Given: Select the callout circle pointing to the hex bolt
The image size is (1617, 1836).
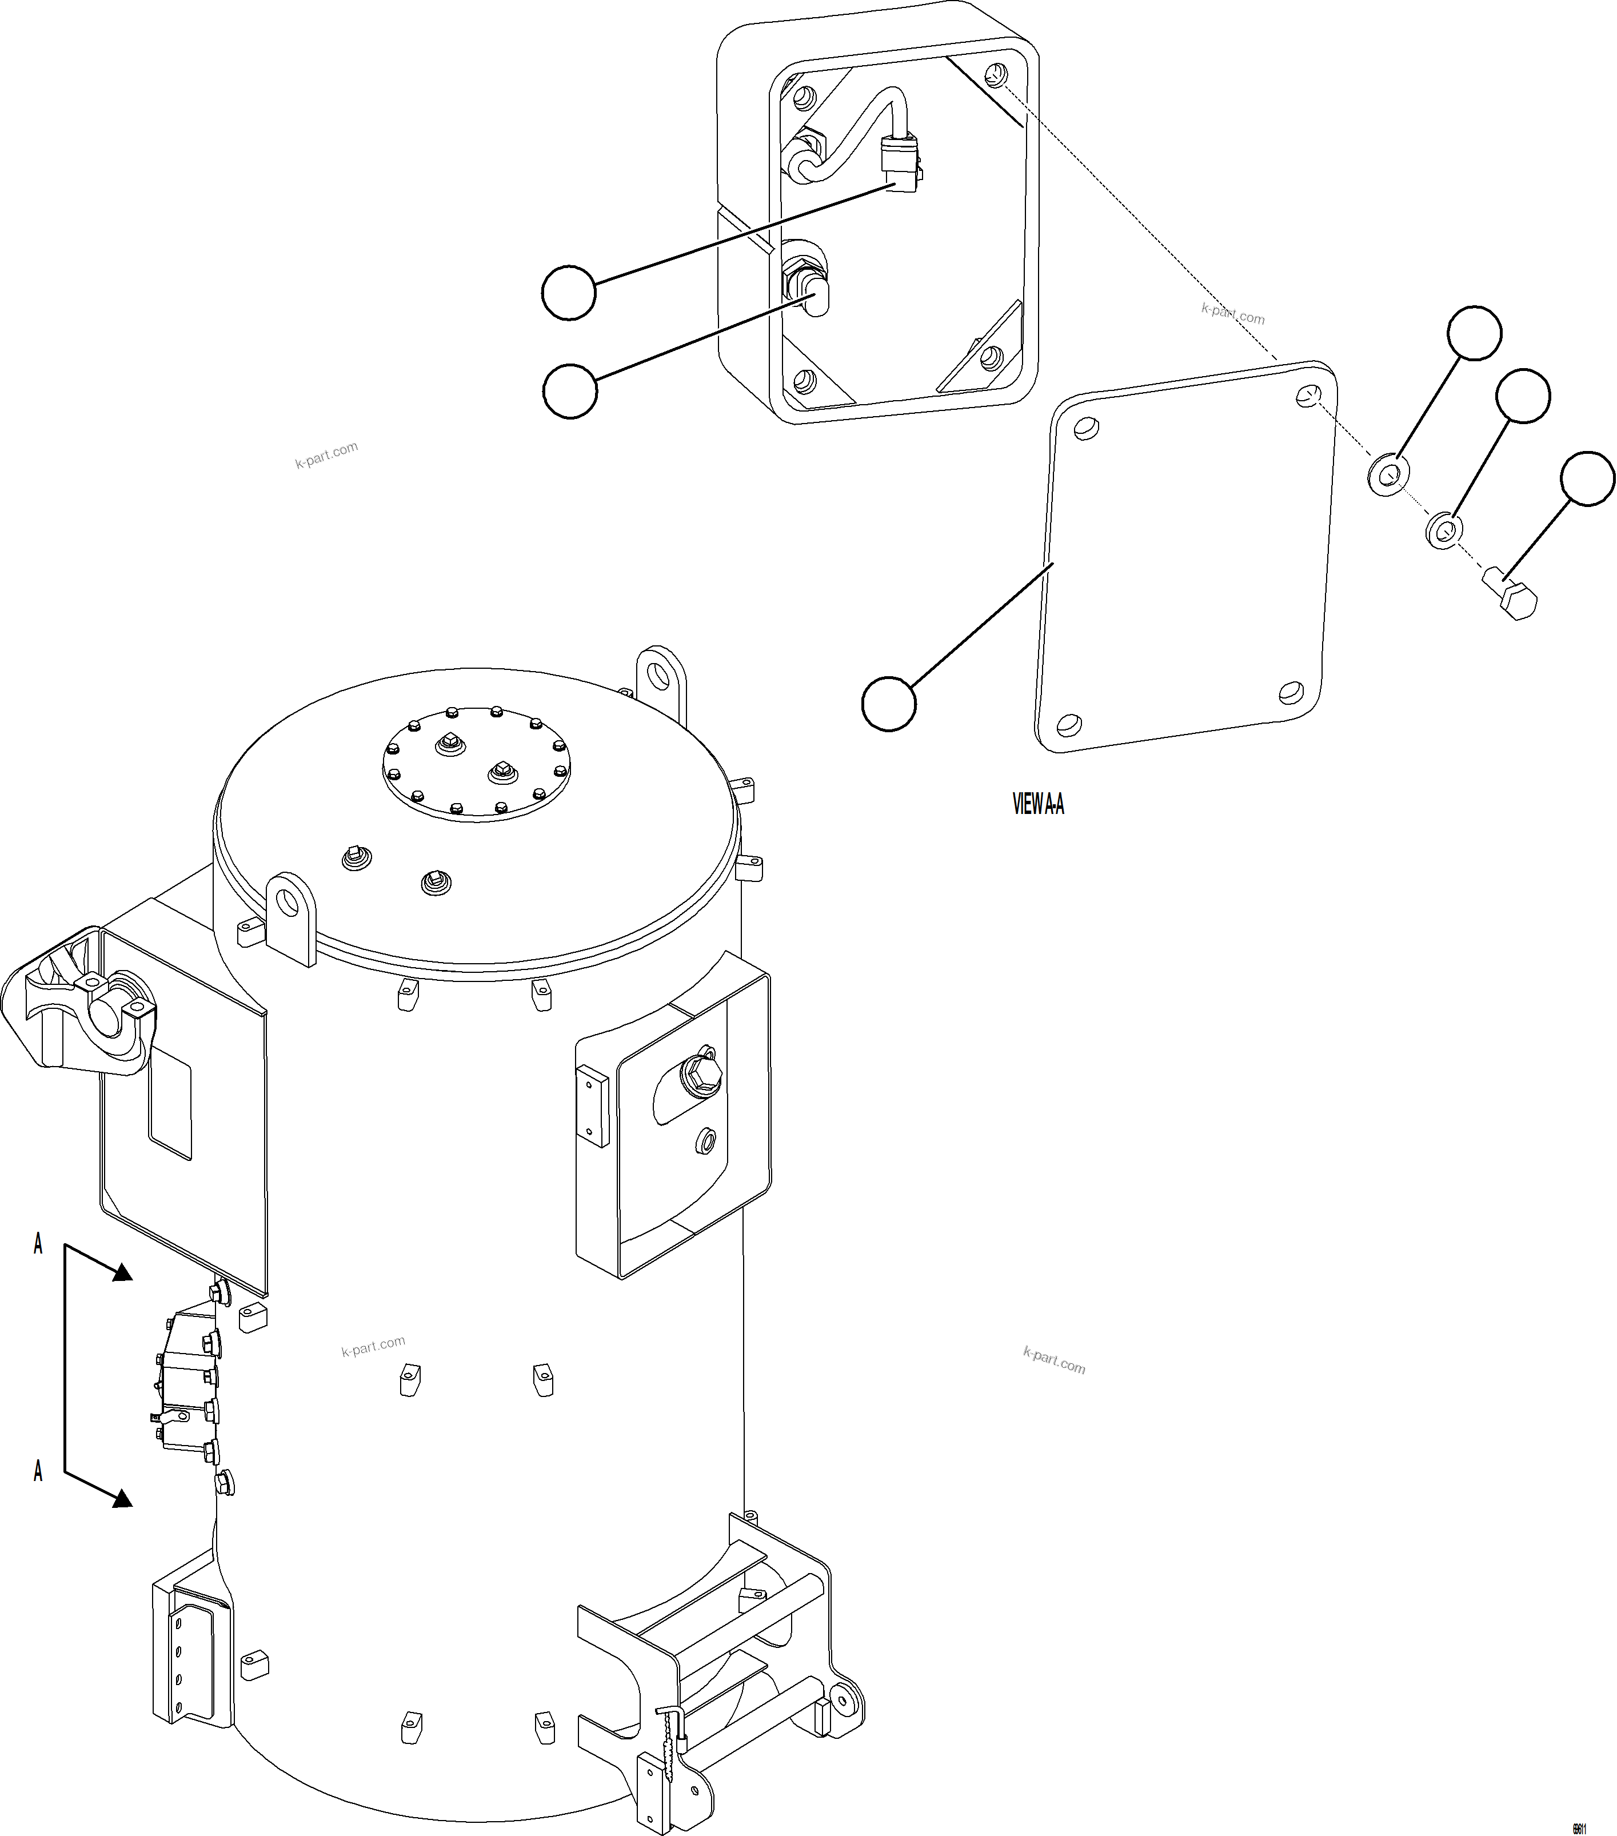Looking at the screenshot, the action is point(1587,479).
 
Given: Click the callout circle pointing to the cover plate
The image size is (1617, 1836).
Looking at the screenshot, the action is point(888,703).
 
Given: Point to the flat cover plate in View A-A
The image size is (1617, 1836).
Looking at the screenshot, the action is point(1186,557).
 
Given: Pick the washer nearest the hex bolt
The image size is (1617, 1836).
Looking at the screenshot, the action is point(1443,529).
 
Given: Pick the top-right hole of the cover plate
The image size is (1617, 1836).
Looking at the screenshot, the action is point(1309,395).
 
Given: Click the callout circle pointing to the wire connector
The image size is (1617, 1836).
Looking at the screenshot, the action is point(569,292).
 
